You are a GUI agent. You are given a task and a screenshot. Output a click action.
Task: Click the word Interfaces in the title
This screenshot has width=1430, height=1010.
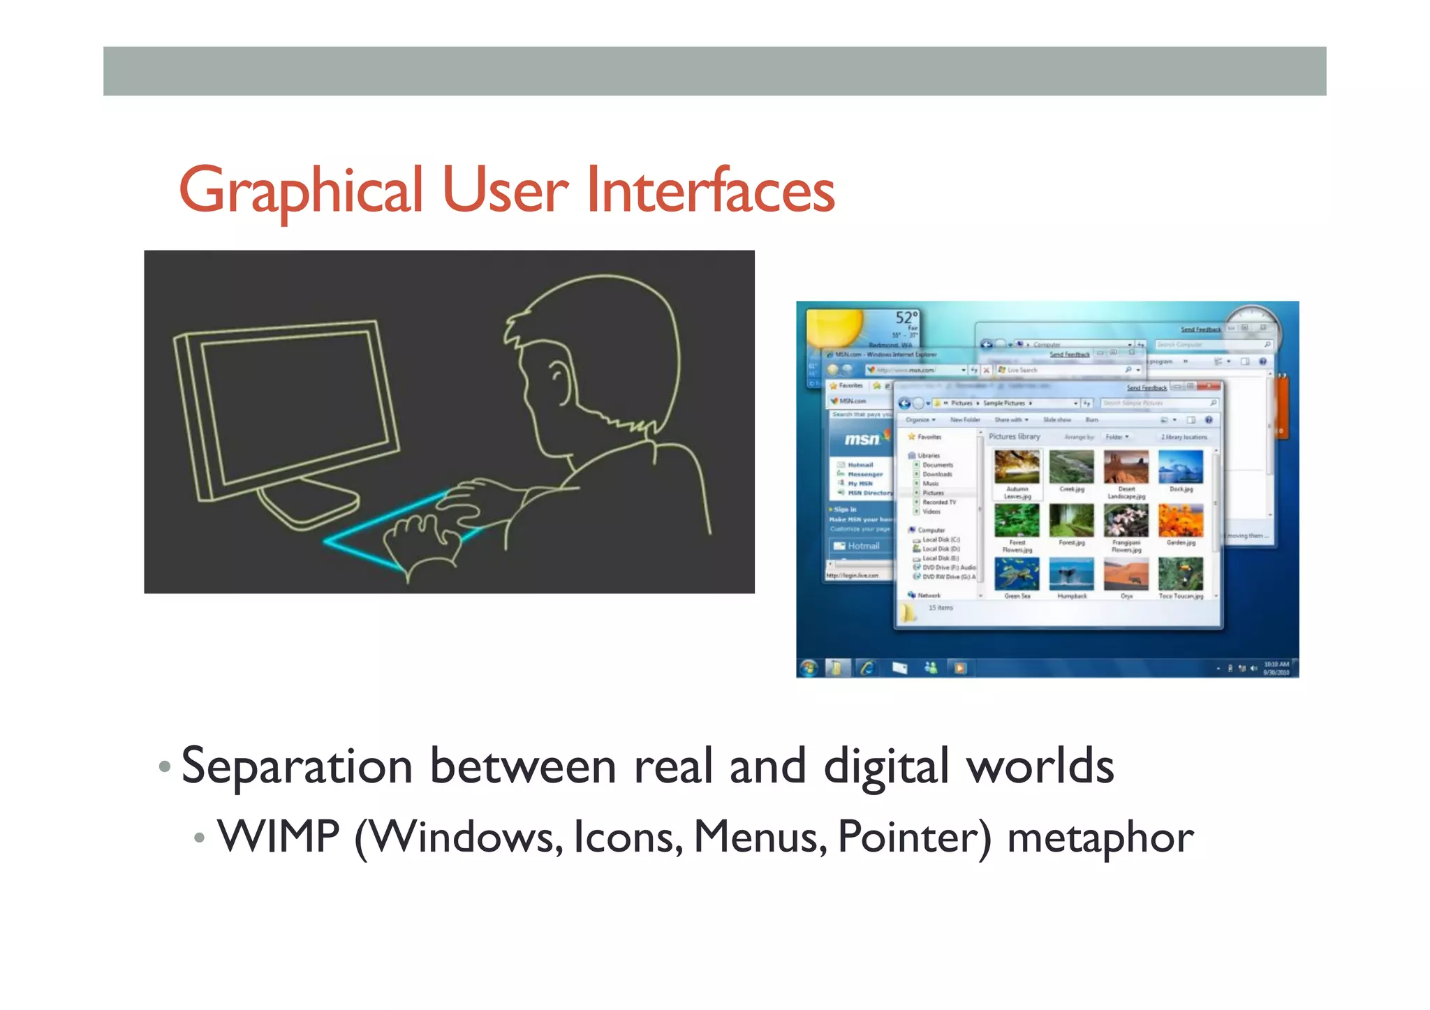(x=710, y=190)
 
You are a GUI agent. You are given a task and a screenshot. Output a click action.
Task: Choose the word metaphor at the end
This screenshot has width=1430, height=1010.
(x=1100, y=838)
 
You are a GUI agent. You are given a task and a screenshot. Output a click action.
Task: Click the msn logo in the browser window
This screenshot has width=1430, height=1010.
(x=862, y=439)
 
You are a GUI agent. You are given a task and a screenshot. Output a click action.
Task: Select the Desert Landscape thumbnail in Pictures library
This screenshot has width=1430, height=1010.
(x=1126, y=467)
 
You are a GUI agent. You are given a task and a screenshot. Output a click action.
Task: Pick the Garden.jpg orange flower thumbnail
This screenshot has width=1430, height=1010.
(x=1180, y=520)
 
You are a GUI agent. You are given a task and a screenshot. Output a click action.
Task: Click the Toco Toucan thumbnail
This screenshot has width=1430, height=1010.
(x=1180, y=573)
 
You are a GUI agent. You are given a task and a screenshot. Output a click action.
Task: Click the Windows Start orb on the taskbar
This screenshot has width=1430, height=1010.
(x=809, y=668)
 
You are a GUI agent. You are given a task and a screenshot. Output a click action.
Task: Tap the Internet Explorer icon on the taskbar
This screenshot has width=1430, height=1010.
(x=868, y=668)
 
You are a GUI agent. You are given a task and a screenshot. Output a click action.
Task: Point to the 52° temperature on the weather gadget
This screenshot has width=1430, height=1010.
(x=906, y=318)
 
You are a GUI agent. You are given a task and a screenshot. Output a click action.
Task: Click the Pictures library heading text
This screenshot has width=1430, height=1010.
(x=1014, y=436)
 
